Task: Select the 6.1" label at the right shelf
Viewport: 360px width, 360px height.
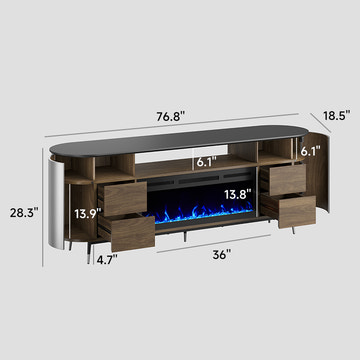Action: coord(311,151)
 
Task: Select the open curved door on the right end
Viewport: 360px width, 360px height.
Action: coord(318,195)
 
